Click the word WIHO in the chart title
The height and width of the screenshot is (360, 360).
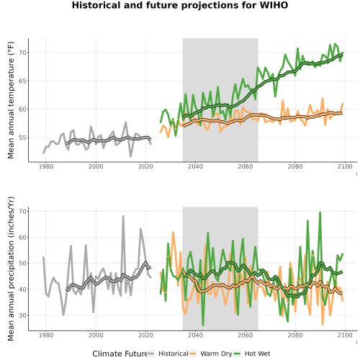274,5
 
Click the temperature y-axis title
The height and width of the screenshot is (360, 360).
11,100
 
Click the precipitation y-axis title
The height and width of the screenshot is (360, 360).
11,269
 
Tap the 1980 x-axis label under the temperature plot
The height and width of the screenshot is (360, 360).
46,166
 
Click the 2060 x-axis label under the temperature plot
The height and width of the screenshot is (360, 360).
246,166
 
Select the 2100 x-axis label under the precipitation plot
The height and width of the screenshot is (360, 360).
345,335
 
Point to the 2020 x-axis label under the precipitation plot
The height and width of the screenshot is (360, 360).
145,335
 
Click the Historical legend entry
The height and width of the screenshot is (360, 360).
168,354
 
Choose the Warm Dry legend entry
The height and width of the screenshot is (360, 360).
211,354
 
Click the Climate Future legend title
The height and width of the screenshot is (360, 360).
120,354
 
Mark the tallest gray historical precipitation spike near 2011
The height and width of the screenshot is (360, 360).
123,216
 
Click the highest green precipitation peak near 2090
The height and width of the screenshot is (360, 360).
320,212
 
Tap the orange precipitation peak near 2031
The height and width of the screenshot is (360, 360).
173,232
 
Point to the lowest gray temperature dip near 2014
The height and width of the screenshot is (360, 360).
131,156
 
